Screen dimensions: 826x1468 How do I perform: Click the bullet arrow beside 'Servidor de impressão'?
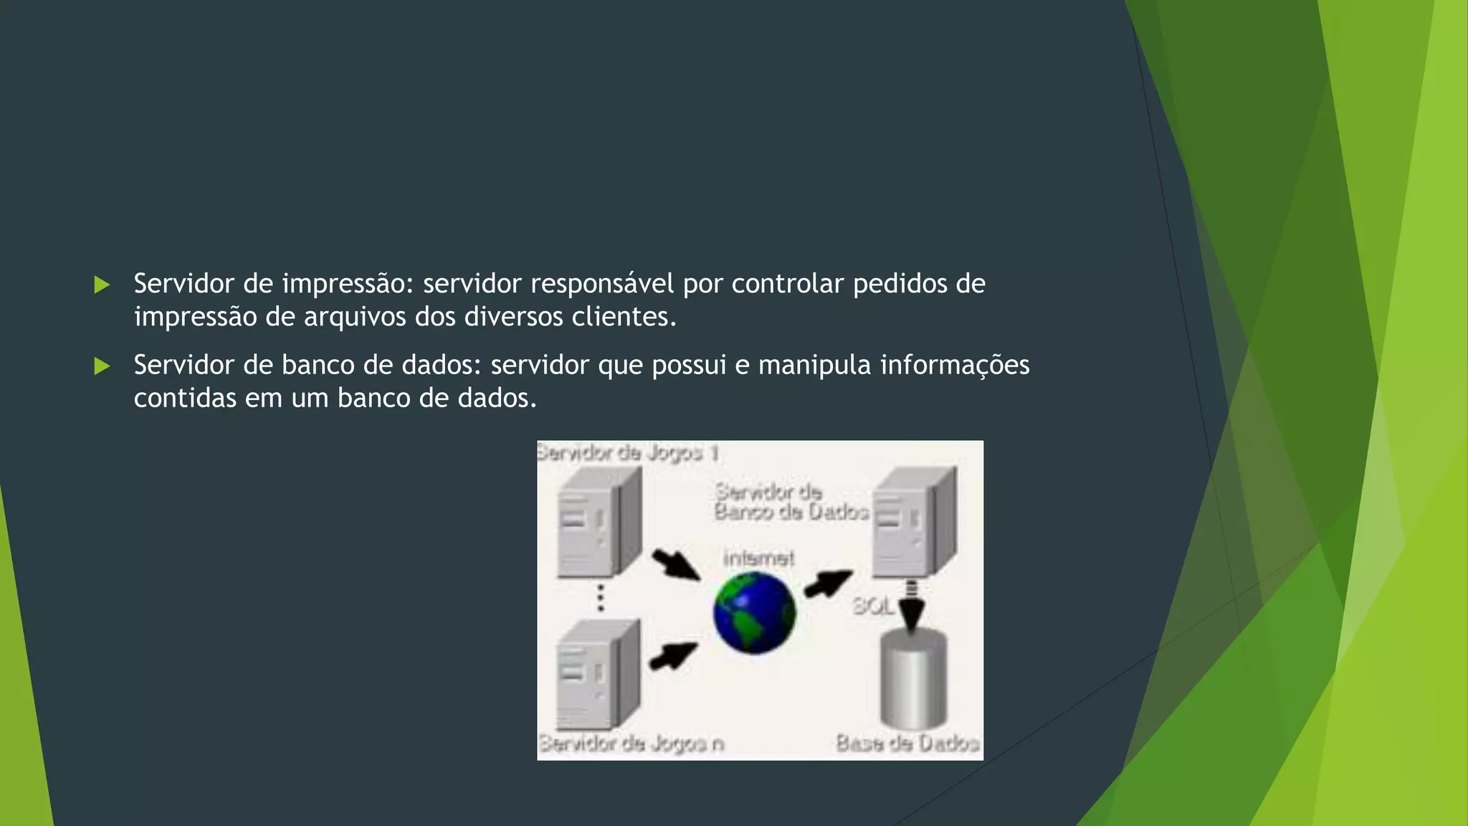[x=102, y=285]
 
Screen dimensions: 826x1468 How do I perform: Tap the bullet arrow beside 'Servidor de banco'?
[x=102, y=366]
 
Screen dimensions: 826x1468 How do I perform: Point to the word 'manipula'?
[x=814, y=366]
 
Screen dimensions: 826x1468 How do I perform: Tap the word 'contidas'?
[x=185, y=398]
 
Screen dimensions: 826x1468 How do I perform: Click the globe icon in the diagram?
[x=754, y=613]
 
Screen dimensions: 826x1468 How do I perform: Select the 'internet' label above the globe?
[x=758, y=558]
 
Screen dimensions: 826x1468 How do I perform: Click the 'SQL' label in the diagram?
[x=872, y=607]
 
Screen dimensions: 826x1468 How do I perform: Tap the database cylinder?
[x=913, y=678]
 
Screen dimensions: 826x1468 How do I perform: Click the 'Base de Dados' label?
[x=907, y=743]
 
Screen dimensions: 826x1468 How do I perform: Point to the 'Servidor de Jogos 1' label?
[x=628, y=453]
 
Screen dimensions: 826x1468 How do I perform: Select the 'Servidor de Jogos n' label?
[x=631, y=744]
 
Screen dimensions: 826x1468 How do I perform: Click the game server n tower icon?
[x=598, y=675]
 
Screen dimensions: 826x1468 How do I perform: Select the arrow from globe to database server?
[x=828, y=583]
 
